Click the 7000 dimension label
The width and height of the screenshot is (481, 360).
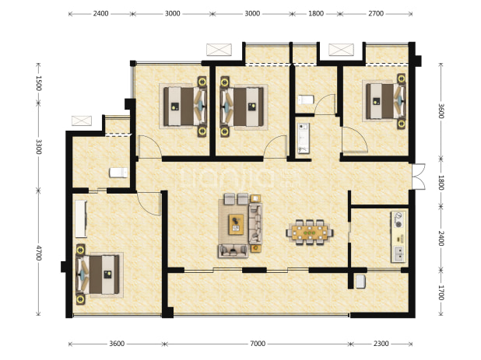[x=258, y=344]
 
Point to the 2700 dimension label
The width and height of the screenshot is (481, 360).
[x=376, y=13]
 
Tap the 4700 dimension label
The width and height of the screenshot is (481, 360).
[x=38, y=253]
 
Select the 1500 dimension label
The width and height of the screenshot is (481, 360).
[x=38, y=83]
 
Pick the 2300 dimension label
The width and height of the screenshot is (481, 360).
[x=381, y=344]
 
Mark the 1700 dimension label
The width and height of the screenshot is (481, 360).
[x=441, y=292]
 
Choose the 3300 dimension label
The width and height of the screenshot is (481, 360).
[x=38, y=147]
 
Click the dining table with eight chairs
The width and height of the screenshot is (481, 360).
[x=310, y=232]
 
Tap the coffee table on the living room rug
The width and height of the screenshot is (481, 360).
[x=236, y=225]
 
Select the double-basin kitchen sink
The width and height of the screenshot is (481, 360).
[x=398, y=253]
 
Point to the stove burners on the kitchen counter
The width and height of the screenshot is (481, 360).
[x=398, y=220]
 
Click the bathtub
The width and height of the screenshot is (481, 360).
[x=304, y=138]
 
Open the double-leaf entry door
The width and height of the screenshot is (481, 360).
[x=419, y=177]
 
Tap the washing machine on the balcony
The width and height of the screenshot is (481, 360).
[x=360, y=281]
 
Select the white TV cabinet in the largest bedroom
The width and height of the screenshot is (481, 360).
[x=81, y=218]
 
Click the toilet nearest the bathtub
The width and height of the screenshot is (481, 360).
[x=306, y=100]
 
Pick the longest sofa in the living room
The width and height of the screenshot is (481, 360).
[x=255, y=223]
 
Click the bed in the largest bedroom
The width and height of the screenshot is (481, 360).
[x=97, y=274]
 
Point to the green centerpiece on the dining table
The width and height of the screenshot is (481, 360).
[x=309, y=233]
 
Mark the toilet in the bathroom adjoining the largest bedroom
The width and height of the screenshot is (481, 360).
[x=118, y=173]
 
